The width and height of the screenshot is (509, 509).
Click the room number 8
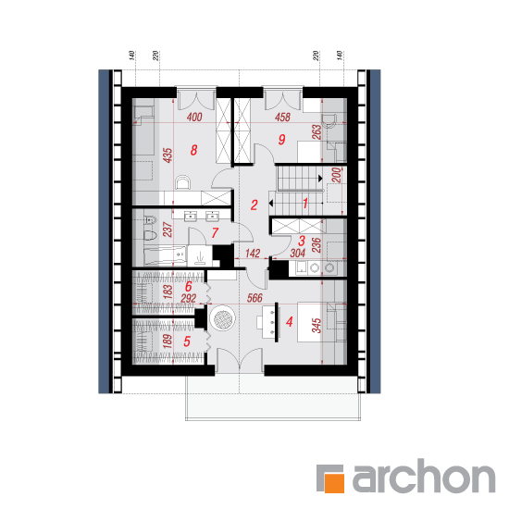tap(193, 150)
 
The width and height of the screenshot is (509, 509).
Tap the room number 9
tap(281, 139)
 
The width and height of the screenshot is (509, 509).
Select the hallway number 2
tap(254, 205)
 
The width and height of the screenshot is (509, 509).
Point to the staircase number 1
tap(305, 204)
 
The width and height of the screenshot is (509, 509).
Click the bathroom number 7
tap(215, 232)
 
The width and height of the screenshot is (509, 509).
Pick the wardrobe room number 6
tap(188, 286)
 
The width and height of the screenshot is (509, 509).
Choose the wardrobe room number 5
tap(187, 341)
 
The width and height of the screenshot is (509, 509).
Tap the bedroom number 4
tap(290, 321)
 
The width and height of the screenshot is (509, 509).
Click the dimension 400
tap(194, 117)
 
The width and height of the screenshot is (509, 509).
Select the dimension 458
tap(282, 117)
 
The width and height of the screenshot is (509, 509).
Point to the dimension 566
tap(254, 298)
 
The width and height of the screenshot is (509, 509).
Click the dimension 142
tap(253, 253)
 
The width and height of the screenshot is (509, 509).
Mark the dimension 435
tap(168, 155)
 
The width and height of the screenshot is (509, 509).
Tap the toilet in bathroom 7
tap(150, 234)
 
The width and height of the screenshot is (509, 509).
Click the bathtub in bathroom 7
tap(165, 255)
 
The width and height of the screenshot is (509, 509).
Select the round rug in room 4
tap(222, 317)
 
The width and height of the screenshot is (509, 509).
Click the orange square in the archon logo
tap(335, 483)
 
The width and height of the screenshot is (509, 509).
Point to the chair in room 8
tap(182, 182)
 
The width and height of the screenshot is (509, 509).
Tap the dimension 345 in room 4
tap(317, 325)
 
